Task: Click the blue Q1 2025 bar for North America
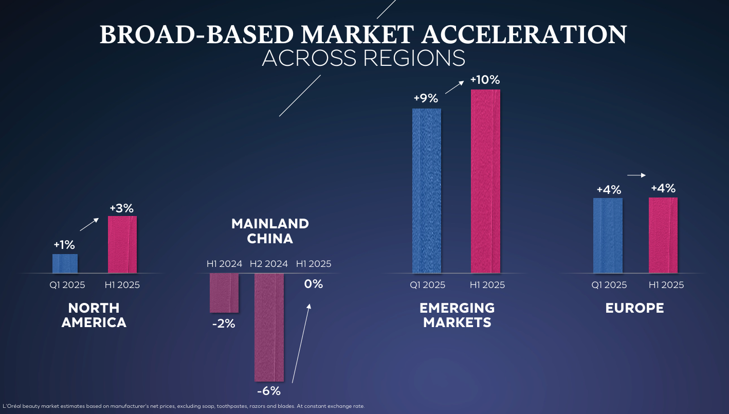click(x=65, y=264)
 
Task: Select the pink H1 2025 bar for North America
click(x=122, y=244)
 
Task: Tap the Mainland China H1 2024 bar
click(x=224, y=293)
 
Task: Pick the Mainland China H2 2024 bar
click(x=269, y=328)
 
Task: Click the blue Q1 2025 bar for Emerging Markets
click(x=427, y=191)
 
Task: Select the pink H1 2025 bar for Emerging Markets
click(x=485, y=182)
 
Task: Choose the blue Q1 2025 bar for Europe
click(x=608, y=236)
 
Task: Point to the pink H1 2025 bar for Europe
click(x=663, y=236)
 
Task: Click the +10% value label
click(x=485, y=80)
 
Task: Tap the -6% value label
click(x=269, y=391)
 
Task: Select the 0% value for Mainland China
click(x=314, y=284)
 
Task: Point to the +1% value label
click(x=64, y=245)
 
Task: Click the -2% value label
click(x=224, y=323)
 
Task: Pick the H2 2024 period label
click(x=269, y=264)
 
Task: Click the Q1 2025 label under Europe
click(x=609, y=285)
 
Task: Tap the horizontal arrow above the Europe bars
click(x=636, y=175)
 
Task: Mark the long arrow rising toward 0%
click(x=301, y=344)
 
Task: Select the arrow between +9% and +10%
click(x=454, y=87)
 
